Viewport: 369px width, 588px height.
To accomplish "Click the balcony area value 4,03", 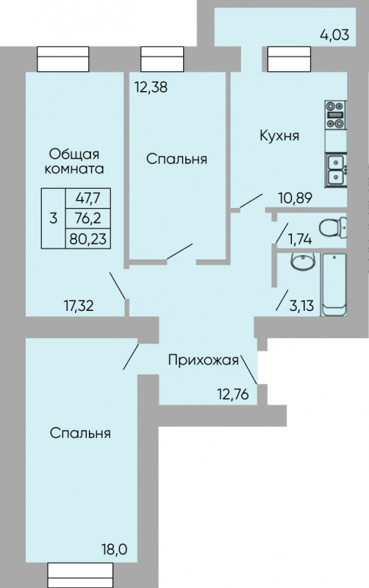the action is (x=334, y=35).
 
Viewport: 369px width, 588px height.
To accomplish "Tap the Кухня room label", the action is (x=279, y=135).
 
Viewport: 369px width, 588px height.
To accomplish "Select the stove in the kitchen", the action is (x=335, y=115).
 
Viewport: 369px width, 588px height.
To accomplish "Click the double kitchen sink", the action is (x=336, y=170).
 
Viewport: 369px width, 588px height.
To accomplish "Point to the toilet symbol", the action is (x=333, y=227).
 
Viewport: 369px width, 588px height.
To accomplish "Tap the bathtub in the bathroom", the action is (x=334, y=284).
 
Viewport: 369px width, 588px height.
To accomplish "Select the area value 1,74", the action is (x=300, y=239).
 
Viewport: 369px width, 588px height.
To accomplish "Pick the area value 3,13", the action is (x=301, y=306).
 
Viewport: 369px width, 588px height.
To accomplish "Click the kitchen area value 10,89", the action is (x=295, y=197).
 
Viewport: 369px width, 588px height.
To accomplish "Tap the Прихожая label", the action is (x=204, y=360).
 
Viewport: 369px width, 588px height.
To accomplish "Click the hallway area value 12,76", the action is (x=233, y=394).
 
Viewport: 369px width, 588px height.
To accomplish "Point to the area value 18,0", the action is (x=114, y=550).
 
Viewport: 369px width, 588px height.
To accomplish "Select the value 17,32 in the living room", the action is (x=79, y=306).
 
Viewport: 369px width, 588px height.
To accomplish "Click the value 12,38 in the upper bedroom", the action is (x=151, y=87).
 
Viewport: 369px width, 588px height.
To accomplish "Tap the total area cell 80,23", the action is (x=87, y=238).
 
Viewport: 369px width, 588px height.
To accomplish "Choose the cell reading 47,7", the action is (x=87, y=198).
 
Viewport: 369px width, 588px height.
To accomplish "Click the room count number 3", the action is (x=53, y=218).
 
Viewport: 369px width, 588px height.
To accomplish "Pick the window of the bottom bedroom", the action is (x=80, y=575).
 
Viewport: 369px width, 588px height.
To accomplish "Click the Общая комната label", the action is (x=74, y=161).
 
